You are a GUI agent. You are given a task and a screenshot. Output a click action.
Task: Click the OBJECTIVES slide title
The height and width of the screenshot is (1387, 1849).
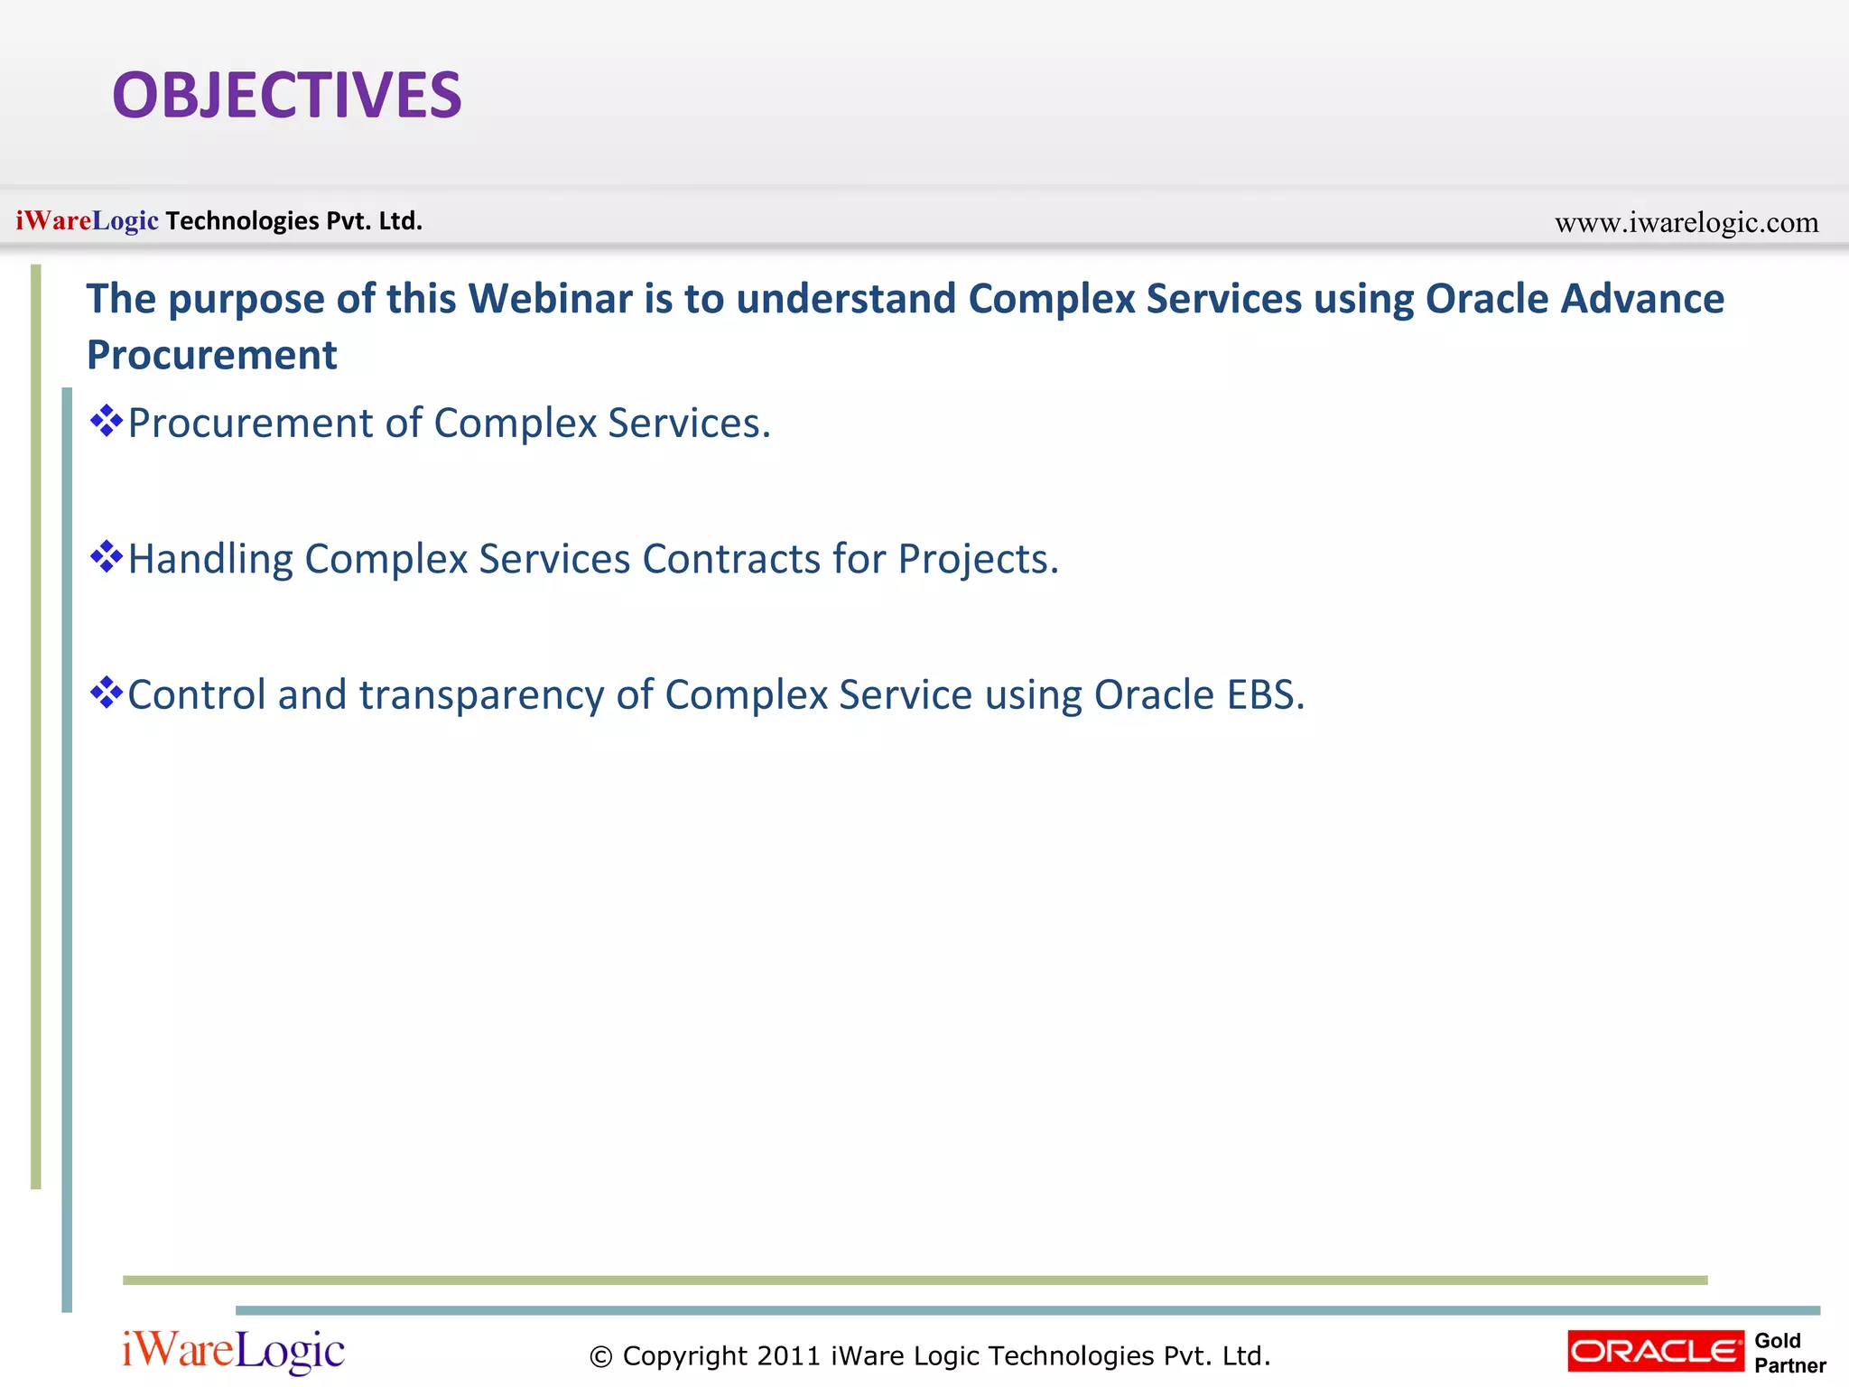click(286, 96)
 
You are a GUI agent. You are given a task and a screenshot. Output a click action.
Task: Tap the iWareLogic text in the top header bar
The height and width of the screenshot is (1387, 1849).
click(87, 220)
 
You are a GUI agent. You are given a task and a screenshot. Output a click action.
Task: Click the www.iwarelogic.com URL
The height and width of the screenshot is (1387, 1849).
click(1686, 222)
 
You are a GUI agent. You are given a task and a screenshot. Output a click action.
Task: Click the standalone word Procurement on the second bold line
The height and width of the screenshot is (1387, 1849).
click(211, 355)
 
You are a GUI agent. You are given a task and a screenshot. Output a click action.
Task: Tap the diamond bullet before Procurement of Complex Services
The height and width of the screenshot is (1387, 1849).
click(107, 421)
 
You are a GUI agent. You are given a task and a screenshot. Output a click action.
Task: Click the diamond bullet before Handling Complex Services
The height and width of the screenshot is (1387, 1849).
click(107, 556)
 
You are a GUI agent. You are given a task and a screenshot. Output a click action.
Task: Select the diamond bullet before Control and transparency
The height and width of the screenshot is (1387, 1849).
click(107, 693)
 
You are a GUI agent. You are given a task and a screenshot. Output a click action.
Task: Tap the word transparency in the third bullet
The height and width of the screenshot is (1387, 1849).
click(481, 695)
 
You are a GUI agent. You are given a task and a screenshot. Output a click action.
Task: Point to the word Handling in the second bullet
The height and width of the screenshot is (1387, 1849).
click(210, 559)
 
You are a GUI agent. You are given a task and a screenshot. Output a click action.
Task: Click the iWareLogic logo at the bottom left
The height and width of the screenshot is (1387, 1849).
click(233, 1351)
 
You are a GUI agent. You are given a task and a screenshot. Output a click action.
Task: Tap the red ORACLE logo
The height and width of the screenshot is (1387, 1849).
click(1655, 1351)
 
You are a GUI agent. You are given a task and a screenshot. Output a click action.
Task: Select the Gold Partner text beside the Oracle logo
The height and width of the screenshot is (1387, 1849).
click(1789, 1353)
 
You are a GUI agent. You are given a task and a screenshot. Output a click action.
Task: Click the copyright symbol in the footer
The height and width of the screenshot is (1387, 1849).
click(600, 1356)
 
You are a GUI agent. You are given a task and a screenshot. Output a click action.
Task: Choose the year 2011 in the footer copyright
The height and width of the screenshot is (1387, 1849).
click(788, 1355)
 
